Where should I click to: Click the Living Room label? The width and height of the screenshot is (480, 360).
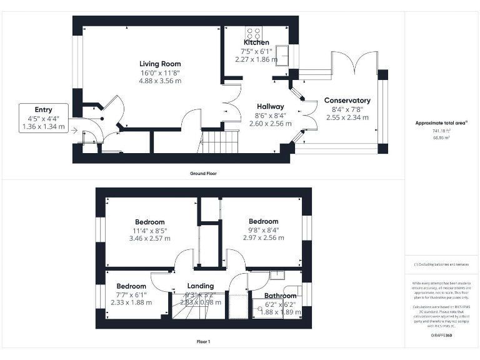[x=160, y=64]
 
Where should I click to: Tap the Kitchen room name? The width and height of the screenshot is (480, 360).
[x=256, y=42]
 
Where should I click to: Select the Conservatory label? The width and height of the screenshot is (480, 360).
[x=347, y=100]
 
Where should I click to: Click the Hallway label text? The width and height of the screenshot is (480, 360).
[x=269, y=107]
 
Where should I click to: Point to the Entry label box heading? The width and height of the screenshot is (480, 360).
[x=43, y=110]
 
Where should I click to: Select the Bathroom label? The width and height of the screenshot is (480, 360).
[x=280, y=296]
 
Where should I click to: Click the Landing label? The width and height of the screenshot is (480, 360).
[x=201, y=286]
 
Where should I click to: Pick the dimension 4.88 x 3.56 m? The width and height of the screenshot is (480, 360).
[x=160, y=81]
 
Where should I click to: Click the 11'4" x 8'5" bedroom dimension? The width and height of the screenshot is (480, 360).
[x=150, y=231]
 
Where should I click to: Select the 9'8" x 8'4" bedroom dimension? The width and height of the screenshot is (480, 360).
[x=263, y=229]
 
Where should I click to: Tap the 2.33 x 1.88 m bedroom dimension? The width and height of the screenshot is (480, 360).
[x=131, y=302]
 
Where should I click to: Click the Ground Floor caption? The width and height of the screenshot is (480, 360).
[x=203, y=173]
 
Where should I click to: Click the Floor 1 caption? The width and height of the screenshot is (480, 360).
[x=203, y=342]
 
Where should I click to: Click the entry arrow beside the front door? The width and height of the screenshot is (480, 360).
[x=74, y=131]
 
